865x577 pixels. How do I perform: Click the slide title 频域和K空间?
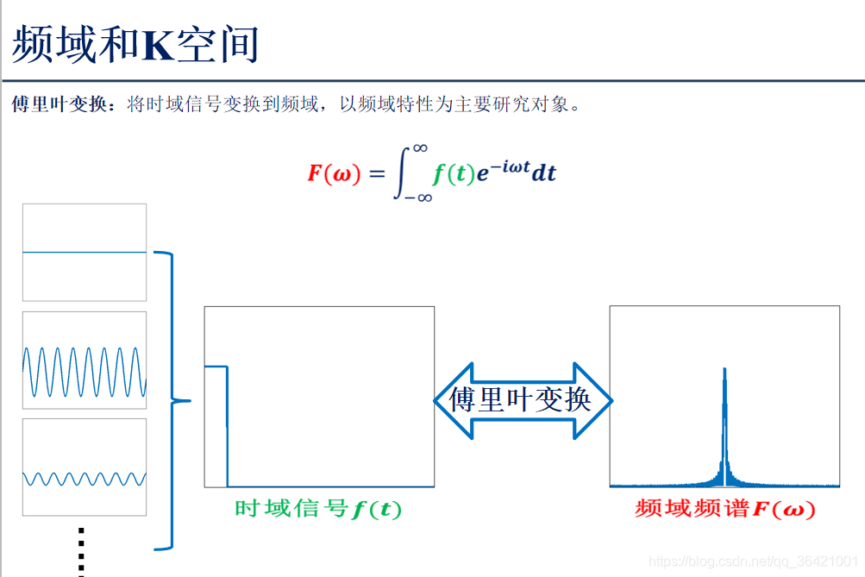point(136,45)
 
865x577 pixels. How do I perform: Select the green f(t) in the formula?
point(454,172)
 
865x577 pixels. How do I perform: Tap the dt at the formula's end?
point(544,172)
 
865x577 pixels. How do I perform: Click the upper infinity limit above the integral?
point(420,147)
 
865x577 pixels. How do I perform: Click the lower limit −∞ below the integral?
point(418,198)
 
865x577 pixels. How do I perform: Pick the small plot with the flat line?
point(85,252)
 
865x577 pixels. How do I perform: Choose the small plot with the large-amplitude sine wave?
point(85,360)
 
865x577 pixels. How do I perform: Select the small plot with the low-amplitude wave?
point(85,467)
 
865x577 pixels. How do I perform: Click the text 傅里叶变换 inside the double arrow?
point(521,400)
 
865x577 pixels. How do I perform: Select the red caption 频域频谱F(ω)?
point(724,509)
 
